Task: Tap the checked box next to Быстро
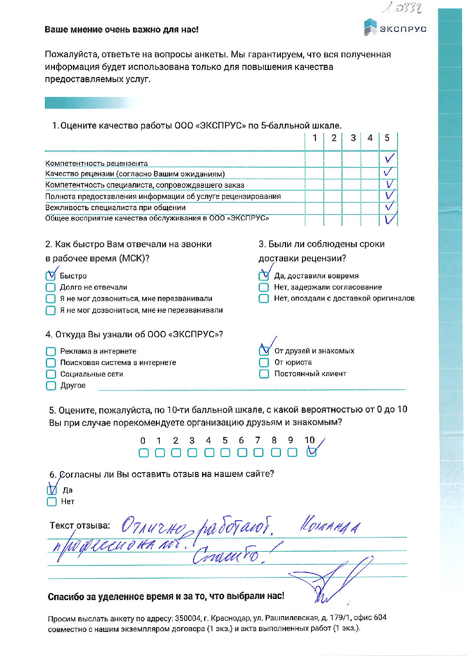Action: point(51,276)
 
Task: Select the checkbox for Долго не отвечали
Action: point(51,287)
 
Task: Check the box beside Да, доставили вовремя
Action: point(264,276)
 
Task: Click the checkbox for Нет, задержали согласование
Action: point(264,287)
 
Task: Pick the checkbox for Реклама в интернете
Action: point(51,351)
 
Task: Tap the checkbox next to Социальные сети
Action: point(51,374)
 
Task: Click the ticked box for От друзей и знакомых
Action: point(264,350)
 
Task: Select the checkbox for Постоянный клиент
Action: point(264,373)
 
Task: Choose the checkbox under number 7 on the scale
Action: point(258,452)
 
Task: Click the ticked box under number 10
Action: point(312,452)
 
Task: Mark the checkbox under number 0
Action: point(144,453)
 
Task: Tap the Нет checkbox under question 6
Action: point(51,501)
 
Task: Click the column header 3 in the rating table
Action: point(353,138)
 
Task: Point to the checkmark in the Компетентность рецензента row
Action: point(389,158)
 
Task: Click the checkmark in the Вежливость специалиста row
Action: point(389,206)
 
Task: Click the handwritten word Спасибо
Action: point(227,555)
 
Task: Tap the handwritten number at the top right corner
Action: point(403,8)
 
